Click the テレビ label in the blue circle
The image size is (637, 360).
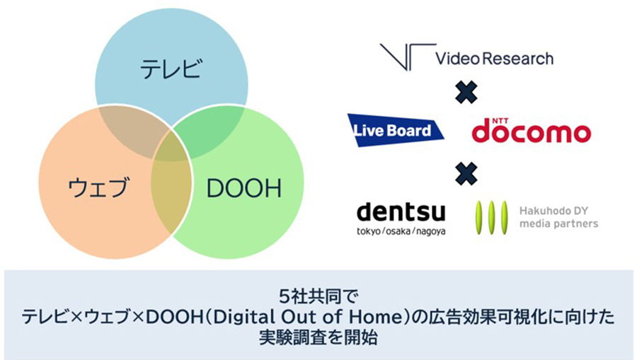[x=171, y=68]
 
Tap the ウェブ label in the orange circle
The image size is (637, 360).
[x=98, y=187]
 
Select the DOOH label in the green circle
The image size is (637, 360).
[x=243, y=188]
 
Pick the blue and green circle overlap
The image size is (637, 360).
[x=211, y=130]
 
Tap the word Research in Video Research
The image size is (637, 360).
[x=518, y=59]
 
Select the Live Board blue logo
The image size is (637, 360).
[x=395, y=130]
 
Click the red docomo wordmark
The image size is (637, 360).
[x=531, y=132]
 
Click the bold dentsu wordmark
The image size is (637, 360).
[x=401, y=211]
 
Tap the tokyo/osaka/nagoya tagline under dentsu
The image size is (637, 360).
[x=401, y=231]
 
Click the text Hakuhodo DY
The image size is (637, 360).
[x=553, y=211]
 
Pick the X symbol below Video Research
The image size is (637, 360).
[x=466, y=93]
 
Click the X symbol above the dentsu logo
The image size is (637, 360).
[x=466, y=174]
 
